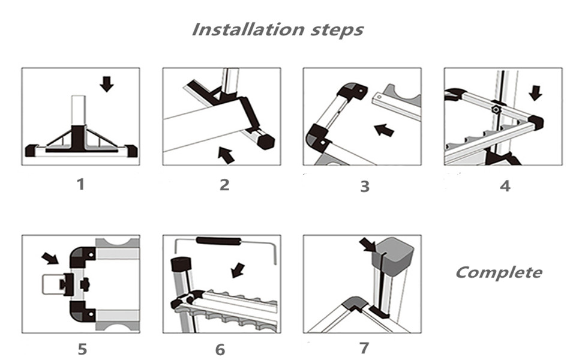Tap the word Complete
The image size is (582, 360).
tap(498, 272)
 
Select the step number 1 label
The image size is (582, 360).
tap(80, 184)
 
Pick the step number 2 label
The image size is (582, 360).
tap(224, 184)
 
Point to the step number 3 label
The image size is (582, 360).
tap(364, 186)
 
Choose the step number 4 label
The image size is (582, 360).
tap(505, 185)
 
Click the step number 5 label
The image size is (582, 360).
tap(82, 349)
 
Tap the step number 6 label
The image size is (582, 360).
tap(220, 349)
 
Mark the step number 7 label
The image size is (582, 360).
tap(363, 347)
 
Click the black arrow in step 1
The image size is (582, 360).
tap(107, 83)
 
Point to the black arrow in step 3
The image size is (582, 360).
tap(385, 129)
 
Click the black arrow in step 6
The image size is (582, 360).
tap(238, 270)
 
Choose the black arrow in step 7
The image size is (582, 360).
tap(367, 244)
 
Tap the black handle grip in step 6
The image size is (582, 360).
tap(219, 242)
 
